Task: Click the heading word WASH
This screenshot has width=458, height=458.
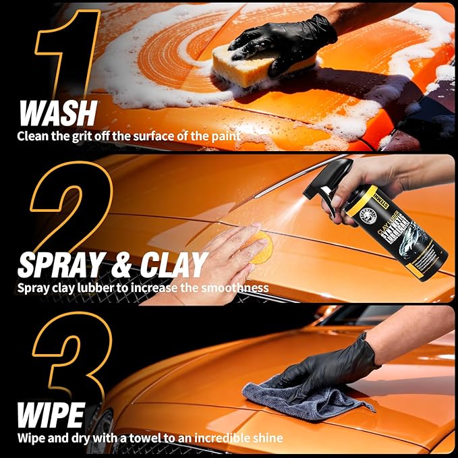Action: pos(57,113)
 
